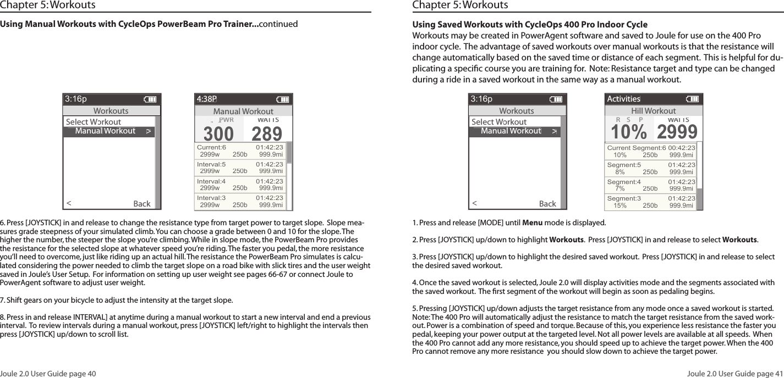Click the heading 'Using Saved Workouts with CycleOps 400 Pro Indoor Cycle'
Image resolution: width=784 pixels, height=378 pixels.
coord(530,25)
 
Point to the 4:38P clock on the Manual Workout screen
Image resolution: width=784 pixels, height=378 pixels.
coord(207,99)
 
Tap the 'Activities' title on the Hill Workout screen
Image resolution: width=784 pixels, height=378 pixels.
coord(623,99)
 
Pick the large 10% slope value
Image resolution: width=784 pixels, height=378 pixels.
coord(629,132)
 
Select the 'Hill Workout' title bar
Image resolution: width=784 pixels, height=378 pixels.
coord(653,111)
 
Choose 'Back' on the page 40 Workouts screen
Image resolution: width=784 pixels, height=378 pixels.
coord(142,204)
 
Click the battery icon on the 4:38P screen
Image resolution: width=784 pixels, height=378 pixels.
coord(283,99)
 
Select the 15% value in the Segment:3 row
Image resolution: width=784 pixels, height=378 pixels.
coord(620,205)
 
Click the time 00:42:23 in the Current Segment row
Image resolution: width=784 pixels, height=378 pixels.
coord(681,148)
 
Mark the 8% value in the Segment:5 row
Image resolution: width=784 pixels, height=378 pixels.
coord(619,171)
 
